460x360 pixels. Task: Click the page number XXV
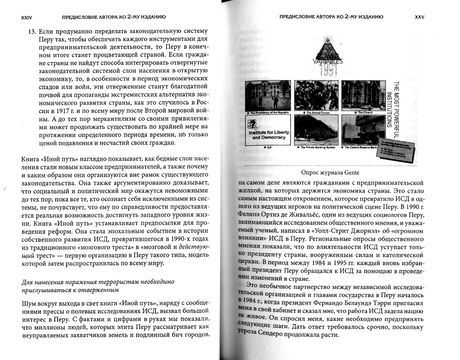[420, 18]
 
